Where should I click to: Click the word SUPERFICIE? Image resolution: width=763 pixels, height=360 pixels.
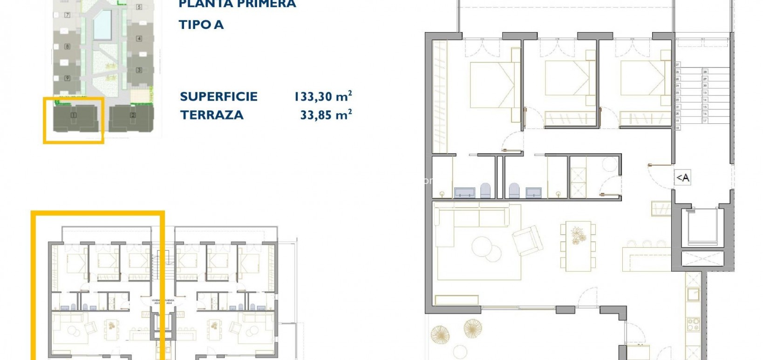(x=218, y=97)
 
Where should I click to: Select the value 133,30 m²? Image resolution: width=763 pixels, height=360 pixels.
(x=322, y=96)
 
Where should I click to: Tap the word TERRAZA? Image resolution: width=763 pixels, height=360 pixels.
(x=211, y=115)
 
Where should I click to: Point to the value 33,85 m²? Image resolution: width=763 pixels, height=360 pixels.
(x=326, y=115)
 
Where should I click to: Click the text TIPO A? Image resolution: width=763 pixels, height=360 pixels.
(x=201, y=25)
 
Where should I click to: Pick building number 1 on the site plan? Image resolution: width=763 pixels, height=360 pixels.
(x=74, y=115)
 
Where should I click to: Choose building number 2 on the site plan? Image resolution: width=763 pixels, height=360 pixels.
(x=133, y=115)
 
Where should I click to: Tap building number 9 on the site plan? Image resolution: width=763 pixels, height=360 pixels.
(x=68, y=78)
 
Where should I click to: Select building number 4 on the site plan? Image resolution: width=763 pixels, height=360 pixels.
(x=139, y=39)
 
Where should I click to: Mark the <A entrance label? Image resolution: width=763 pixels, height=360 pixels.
(x=682, y=177)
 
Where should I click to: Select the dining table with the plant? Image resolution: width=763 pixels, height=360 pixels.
(x=579, y=246)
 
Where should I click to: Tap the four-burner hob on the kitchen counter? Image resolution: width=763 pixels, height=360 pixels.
(x=693, y=323)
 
